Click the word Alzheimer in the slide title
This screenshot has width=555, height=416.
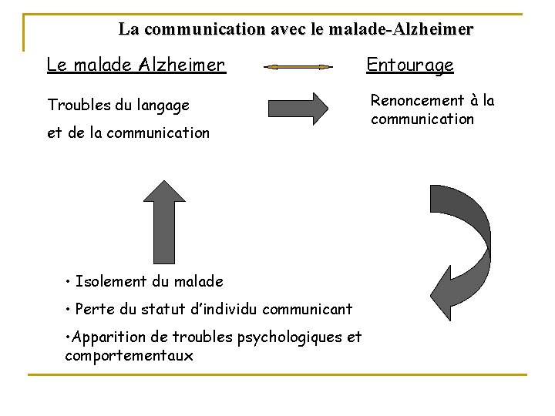click(x=432, y=30)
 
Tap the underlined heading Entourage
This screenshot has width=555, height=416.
click(x=410, y=65)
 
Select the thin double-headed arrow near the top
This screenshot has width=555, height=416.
click(x=298, y=67)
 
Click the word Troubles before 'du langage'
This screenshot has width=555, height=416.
click(x=76, y=105)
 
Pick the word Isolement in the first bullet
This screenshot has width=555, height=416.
click(x=109, y=282)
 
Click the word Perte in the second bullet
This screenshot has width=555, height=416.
click(x=93, y=310)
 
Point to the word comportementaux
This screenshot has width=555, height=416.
click(x=129, y=356)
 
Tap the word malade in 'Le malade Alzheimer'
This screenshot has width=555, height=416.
click(x=103, y=65)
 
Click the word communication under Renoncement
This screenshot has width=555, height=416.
click(x=422, y=119)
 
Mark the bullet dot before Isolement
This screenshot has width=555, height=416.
click(x=69, y=282)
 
